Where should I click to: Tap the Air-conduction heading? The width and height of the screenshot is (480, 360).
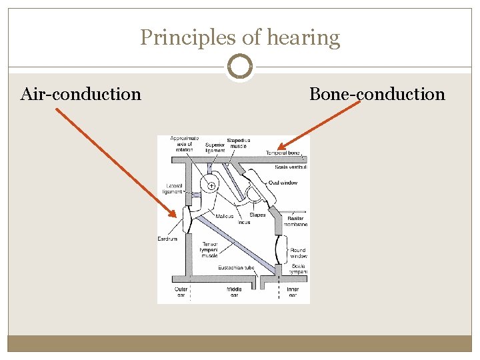(x=81, y=94)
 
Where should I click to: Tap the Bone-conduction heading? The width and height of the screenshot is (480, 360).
(x=377, y=94)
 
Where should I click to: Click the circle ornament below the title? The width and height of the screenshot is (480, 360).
(x=240, y=67)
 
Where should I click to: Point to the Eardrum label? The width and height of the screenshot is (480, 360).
(x=167, y=239)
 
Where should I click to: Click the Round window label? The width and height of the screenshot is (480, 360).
(x=298, y=253)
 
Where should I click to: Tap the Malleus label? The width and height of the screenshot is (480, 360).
(x=225, y=216)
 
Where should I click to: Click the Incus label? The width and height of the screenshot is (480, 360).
(x=243, y=222)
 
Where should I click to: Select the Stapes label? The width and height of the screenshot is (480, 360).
(x=257, y=215)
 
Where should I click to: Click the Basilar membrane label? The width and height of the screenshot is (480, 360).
(x=296, y=221)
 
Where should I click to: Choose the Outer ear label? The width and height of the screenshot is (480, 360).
(x=181, y=292)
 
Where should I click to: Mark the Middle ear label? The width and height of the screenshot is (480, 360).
(x=234, y=292)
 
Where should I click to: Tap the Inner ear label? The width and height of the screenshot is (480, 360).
(x=293, y=292)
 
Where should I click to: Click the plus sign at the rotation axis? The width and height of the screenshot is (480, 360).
(x=211, y=186)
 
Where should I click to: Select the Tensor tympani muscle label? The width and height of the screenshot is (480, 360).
(x=210, y=249)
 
